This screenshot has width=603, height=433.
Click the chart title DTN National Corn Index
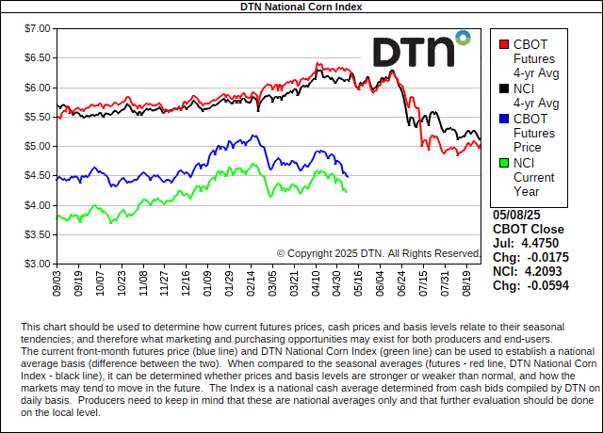click(301, 7)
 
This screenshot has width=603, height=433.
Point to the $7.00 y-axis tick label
click(35, 28)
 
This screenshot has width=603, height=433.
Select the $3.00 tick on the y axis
click(35, 264)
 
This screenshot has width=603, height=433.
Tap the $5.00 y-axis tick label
click(35, 146)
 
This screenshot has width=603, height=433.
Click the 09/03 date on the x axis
click(58, 281)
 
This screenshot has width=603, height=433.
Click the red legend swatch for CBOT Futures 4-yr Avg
click(504, 43)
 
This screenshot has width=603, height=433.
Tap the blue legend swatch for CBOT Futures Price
click(504, 119)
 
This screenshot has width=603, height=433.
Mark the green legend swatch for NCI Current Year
click(504, 163)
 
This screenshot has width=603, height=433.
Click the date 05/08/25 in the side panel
click(516, 215)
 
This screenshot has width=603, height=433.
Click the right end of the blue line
click(348, 176)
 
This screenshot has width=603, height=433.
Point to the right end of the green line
click(346, 192)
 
